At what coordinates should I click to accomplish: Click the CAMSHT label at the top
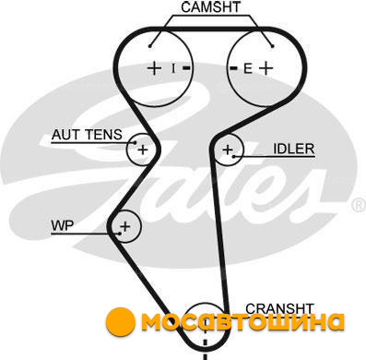pos(210,7)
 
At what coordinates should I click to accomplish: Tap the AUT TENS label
pos(87,135)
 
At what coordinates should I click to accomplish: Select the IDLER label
pos(294,149)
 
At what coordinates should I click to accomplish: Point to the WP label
pos(63,225)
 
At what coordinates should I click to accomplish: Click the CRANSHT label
pos(279,308)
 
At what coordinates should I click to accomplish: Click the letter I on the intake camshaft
pos(173,68)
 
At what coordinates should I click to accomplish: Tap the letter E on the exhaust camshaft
pos(248,68)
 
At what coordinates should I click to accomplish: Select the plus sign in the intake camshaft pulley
pos(154,68)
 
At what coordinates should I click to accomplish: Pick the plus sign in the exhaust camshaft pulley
pos(266,68)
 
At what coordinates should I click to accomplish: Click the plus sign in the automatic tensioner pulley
pos(143,150)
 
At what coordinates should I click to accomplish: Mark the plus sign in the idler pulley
pos(228,150)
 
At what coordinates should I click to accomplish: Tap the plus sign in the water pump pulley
pos(125,227)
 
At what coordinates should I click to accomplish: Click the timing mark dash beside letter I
pos(186,67)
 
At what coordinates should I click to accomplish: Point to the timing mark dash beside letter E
pos(234,67)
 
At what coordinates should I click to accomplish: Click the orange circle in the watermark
pos(121,321)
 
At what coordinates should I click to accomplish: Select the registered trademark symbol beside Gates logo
pos(359,206)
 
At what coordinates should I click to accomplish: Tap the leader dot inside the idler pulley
pos(234,157)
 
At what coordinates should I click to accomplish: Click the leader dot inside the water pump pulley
pos(120,234)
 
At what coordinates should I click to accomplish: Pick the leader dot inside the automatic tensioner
pos(135,142)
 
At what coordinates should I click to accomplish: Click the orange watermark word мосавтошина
pos(242,322)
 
